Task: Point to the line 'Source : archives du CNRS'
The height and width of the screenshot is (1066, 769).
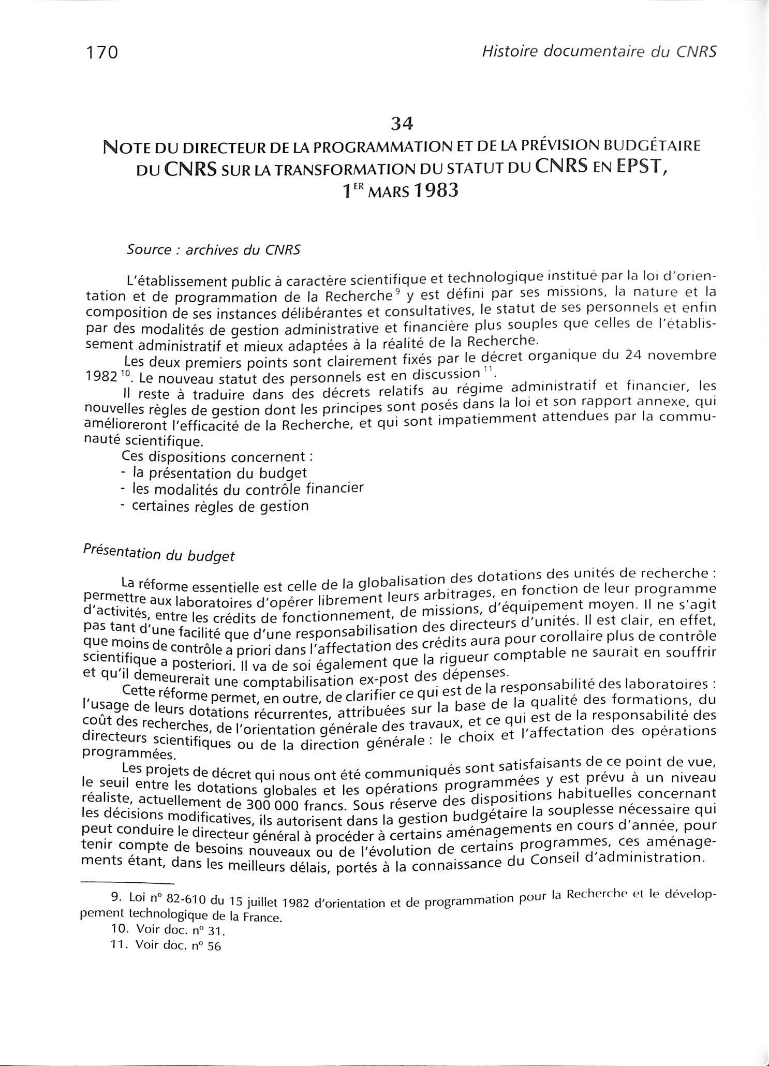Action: (x=213, y=250)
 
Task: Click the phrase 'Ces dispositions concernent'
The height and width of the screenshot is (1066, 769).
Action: (x=217, y=457)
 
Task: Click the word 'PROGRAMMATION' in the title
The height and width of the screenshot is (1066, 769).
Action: (x=368, y=147)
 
